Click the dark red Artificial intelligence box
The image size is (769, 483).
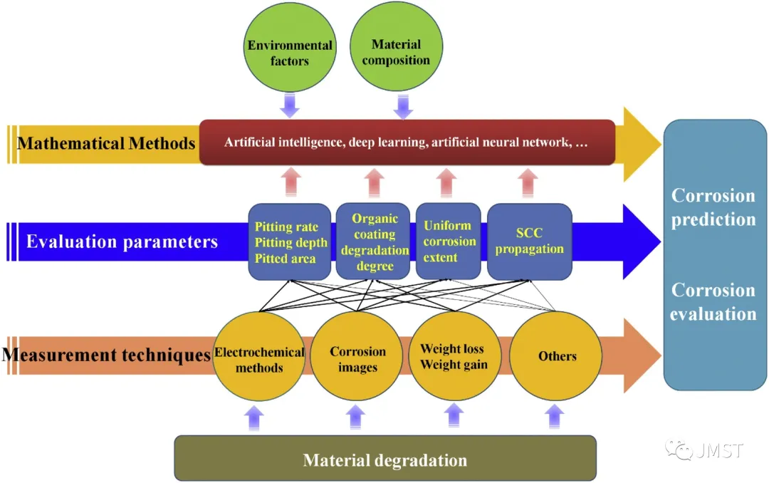407,142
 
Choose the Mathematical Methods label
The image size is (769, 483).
106,143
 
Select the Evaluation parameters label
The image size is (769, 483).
122,241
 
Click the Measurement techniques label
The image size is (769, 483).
107,354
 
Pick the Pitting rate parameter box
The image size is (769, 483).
290,242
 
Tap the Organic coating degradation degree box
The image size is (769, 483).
375,241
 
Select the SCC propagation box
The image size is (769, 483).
529,241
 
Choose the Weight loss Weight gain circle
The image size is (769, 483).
454,356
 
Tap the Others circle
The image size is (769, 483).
557,355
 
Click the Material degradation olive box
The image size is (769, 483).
385,459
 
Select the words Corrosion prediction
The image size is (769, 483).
713,207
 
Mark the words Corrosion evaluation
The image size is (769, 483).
713,302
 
